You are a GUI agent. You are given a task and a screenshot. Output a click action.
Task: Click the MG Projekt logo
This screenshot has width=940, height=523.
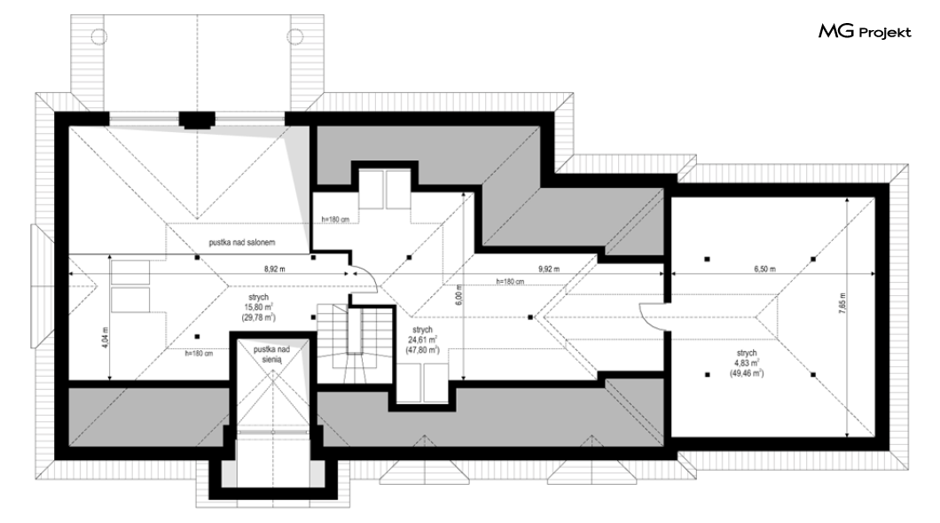tap(865, 32)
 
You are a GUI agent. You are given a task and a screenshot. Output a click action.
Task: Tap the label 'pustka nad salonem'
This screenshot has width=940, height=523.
tap(242, 243)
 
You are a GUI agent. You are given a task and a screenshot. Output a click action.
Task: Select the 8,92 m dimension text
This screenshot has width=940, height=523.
tap(275, 269)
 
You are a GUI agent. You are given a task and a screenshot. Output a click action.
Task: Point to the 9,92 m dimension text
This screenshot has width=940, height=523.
tap(549, 269)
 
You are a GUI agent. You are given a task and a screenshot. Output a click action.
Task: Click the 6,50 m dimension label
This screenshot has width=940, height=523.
tap(764, 269)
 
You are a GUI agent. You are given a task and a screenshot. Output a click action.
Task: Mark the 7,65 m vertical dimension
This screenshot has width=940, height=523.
tap(842, 304)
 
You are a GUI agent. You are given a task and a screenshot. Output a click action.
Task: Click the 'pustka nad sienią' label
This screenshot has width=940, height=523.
tap(271, 354)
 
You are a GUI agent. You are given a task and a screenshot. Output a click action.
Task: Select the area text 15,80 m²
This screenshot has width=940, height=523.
tap(258, 308)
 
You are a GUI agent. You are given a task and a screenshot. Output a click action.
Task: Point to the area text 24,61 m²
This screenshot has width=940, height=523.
tap(422, 340)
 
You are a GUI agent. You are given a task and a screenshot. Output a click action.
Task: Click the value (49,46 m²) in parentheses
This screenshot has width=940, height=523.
tap(747, 373)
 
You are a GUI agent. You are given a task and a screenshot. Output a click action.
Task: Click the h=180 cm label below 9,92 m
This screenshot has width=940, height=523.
tap(510, 282)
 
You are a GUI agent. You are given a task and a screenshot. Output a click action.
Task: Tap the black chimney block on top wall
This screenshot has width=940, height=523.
tap(197, 121)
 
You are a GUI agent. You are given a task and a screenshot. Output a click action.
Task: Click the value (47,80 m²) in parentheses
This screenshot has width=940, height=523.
tap(422, 350)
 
